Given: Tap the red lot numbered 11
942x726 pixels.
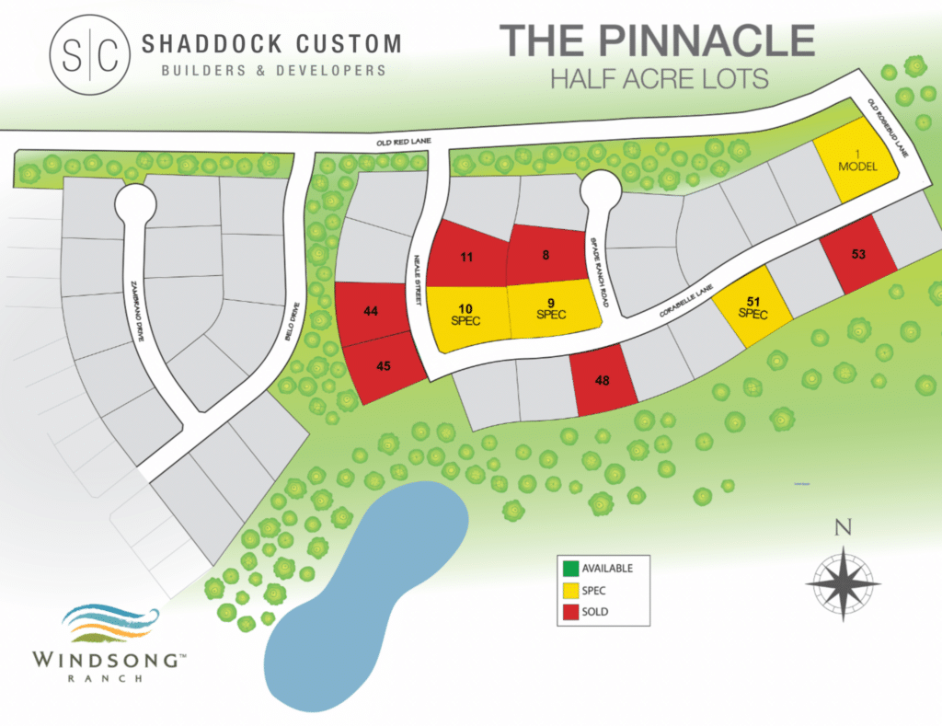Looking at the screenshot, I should click(x=467, y=257).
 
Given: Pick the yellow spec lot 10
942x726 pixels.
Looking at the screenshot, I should click(x=465, y=316).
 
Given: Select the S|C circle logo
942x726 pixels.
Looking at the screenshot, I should click(x=90, y=55).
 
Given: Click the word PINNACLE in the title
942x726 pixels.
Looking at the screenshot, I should click(x=698, y=41).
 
